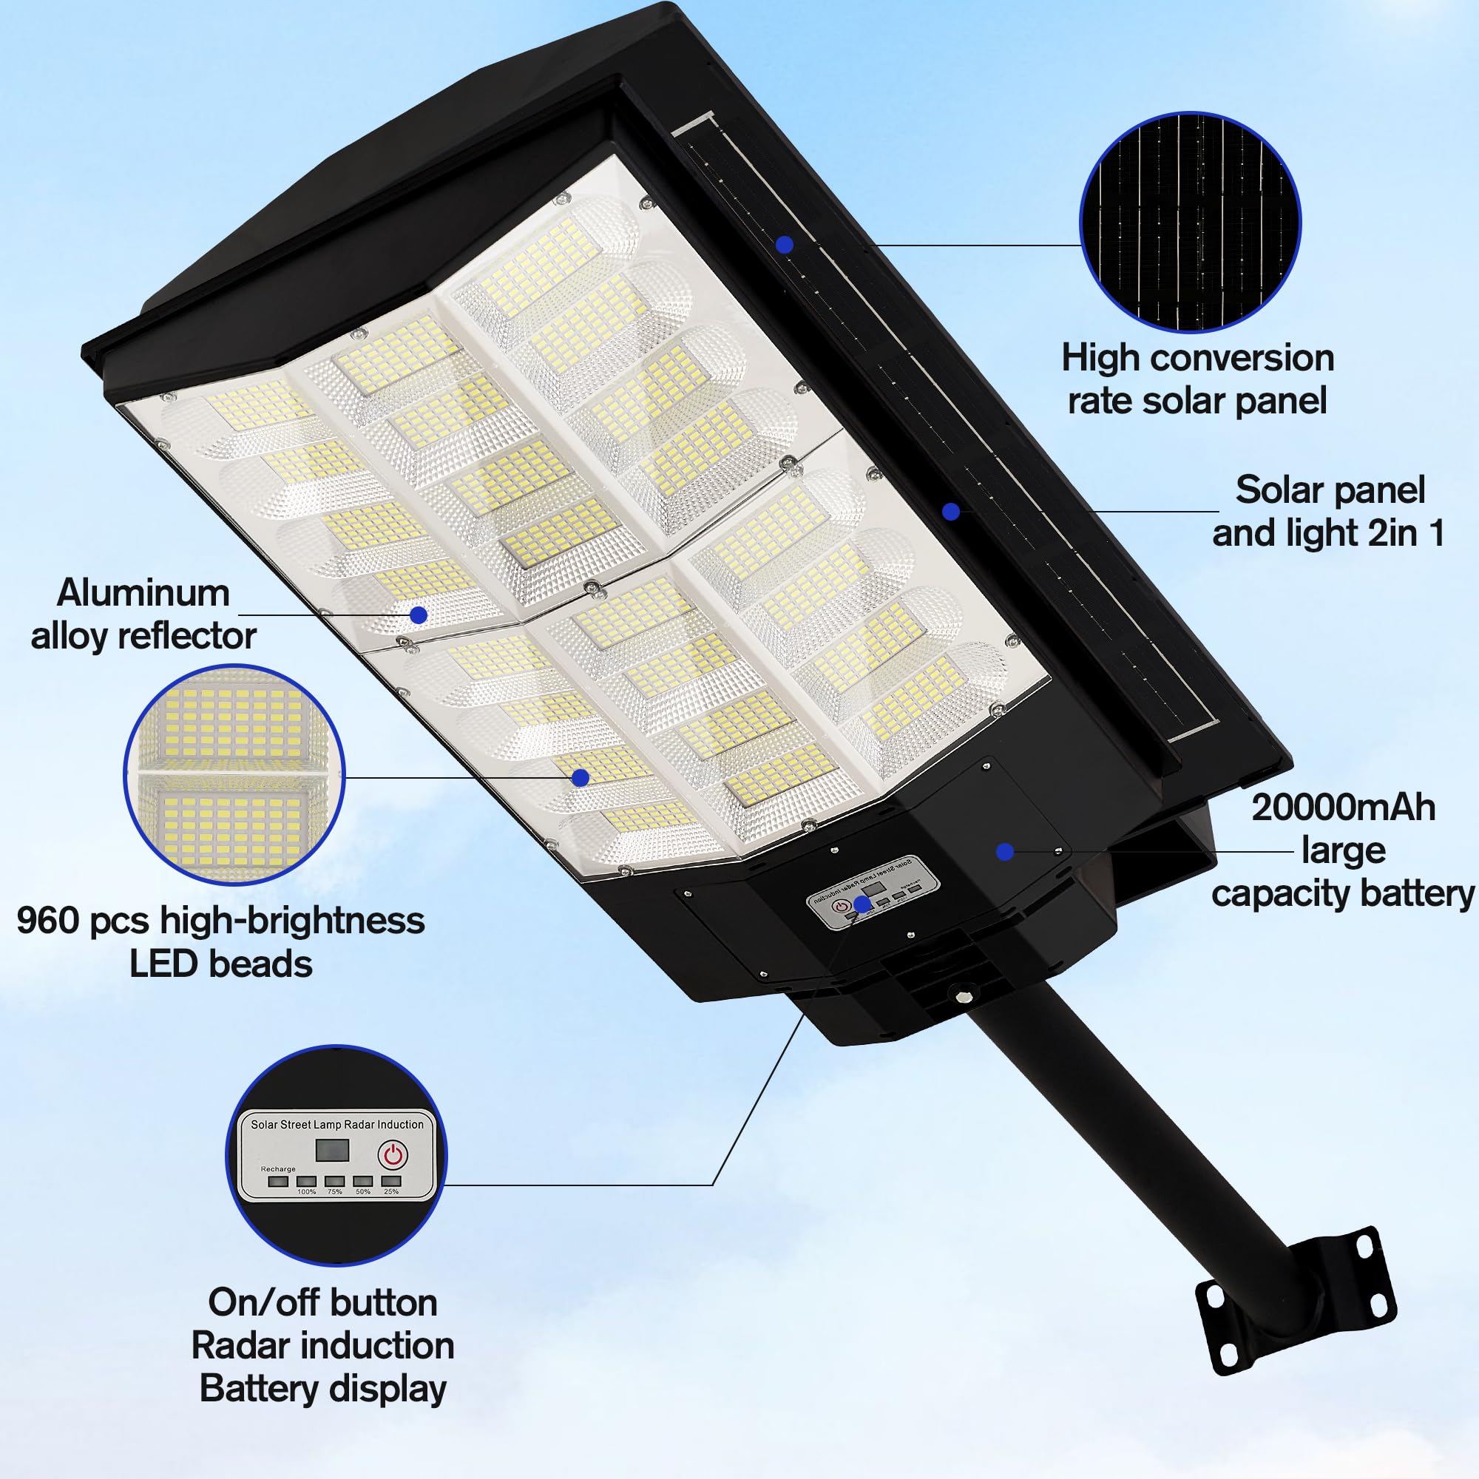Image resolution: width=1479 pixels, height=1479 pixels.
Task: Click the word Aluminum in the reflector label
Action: point(143,593)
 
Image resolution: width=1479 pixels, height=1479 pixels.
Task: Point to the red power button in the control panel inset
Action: point(393,1154)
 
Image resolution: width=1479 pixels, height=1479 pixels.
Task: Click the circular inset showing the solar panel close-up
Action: point(1190,222)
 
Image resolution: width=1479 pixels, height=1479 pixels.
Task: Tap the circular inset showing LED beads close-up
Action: point(234,775)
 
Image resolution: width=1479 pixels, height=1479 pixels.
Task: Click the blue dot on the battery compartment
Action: point(1006,851)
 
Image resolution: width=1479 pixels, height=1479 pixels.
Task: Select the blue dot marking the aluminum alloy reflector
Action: point(418,615)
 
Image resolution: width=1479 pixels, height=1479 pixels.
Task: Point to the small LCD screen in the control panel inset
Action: point(332,1150)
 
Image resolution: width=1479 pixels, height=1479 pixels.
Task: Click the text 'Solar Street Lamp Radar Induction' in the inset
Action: point(336,1125)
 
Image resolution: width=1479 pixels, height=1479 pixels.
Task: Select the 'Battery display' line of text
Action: point(322,1390)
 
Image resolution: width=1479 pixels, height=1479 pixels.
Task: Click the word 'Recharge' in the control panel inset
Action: point(278,1169)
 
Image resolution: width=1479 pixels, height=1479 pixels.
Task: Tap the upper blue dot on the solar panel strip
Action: point(784,245)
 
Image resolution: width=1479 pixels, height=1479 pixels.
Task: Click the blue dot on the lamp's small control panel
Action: point(863,905)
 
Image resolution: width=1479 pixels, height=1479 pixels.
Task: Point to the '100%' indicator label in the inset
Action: point(306,1192)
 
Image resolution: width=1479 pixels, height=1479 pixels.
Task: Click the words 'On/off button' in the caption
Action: point(322,1303)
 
